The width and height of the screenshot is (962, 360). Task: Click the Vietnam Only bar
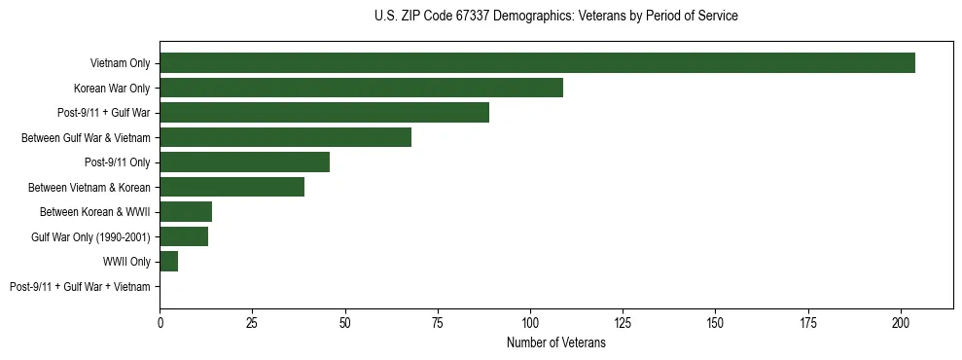[537, 63]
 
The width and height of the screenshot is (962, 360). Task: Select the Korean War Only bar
[361, 88]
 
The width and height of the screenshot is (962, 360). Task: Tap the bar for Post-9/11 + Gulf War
[324, 113]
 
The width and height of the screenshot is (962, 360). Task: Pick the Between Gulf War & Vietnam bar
[285, 137]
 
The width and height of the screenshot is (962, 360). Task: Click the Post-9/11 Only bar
[244, 162]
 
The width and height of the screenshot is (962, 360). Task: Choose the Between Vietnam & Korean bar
[232, 187]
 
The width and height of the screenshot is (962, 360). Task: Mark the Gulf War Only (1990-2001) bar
[184, 236]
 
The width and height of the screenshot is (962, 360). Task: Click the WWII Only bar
[168, 262]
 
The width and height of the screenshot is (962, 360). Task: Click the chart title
[555, 17]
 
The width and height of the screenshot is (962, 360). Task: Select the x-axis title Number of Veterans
[555, 342]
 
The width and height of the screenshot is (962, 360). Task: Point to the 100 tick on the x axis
[530, 322]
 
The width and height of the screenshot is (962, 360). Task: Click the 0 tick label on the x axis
[160, 322]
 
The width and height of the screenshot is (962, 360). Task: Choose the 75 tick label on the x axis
[438, 322]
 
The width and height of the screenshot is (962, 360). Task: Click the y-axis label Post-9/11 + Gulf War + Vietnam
[80, 287]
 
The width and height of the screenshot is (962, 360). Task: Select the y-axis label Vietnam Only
[120, 63]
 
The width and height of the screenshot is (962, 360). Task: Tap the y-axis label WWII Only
[126, 262]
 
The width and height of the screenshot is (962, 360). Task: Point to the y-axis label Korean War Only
[113, 89]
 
